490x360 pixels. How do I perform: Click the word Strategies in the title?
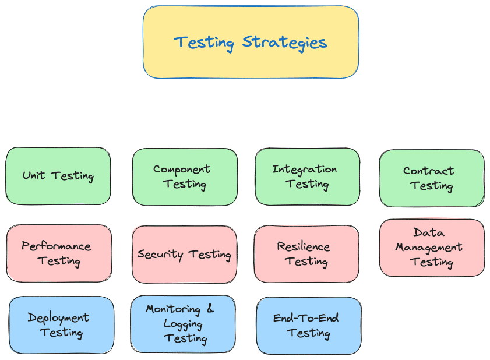pos(284,43)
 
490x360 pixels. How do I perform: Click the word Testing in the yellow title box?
pos(205,43)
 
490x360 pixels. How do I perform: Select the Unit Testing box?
pos(58,176)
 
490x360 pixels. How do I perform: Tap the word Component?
pos(182,170)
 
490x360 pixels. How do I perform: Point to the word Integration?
pos(304,170)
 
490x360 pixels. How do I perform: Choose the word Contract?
pos(428,171)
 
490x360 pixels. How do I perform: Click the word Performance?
pos(57,246)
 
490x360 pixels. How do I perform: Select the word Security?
pos(160,255)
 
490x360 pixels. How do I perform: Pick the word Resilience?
pos(304,247)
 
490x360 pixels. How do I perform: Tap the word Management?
pos(429,248)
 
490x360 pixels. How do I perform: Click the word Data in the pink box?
pos(429,233)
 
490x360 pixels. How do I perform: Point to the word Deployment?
pos(58,318)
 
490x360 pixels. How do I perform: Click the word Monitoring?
pos(173,309)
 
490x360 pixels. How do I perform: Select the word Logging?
pos(183,324)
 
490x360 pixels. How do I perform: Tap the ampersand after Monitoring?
pos(210,308)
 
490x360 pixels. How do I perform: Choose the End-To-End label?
pos(306,318)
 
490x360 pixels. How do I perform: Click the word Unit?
pos(34,175)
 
